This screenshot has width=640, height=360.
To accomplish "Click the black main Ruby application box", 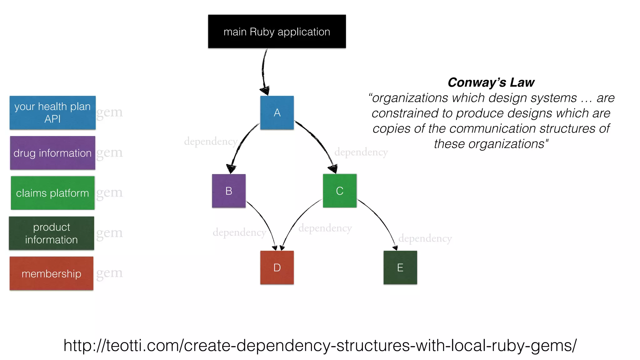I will pos(277,31).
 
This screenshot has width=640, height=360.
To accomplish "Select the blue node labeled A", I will pos(277,112).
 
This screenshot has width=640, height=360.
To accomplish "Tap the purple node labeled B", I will pos(229,191).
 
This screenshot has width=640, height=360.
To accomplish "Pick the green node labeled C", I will pos(340,191).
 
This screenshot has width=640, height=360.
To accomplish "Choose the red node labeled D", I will pos(277,267).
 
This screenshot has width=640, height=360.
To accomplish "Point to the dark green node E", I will pos(400,267).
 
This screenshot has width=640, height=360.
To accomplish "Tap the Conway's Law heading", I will pos(491,82).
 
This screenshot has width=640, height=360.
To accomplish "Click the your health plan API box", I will pos(52,112).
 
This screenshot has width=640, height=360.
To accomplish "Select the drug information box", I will pos(52,153).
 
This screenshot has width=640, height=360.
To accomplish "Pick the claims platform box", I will pos(52,193).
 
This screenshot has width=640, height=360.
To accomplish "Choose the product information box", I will pos(52,233).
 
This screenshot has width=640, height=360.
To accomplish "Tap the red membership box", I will pos(52,273).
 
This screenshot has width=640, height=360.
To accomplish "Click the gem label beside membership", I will pos(109,273).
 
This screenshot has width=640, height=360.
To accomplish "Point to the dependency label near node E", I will pos(425,238).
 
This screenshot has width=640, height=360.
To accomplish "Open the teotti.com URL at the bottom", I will pos(320,346).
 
